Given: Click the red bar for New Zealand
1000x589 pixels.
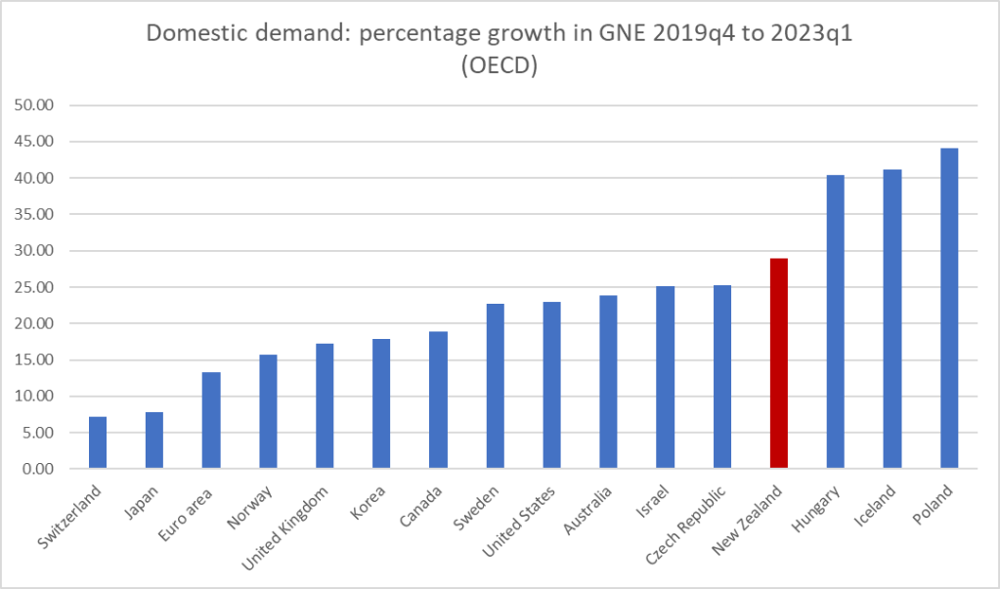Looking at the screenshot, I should (x=779, y=363).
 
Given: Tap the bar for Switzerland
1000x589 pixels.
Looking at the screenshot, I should (x=98, y=442).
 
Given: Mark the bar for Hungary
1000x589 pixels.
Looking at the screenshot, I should (x=836, y=322).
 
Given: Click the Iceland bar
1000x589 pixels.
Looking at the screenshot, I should (x=892, y=319).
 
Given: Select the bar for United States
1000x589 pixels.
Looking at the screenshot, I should (x=552, y=385).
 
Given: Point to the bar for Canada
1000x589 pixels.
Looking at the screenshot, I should (x=439, y=400).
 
